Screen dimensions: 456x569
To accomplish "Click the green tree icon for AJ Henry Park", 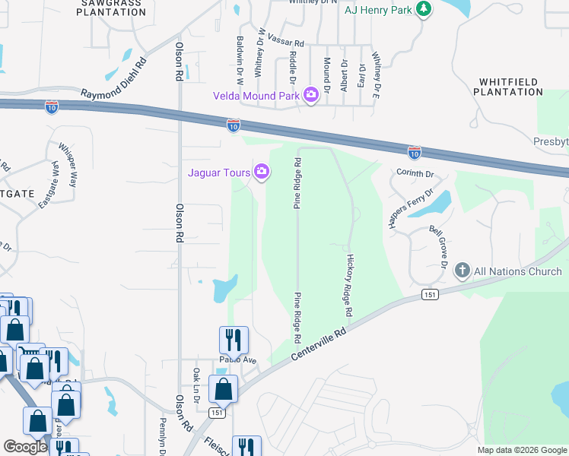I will tap(424, 10).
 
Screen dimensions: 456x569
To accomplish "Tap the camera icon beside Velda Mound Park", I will tap(310, 95).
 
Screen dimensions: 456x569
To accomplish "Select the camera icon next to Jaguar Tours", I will tap(262, 172).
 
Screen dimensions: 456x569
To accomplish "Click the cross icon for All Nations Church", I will tap(462, 271).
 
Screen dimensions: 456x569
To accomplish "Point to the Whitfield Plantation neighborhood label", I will tap(508, 87).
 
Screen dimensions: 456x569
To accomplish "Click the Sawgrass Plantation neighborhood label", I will tap(112, 8).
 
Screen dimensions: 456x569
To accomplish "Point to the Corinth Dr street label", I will tap(415, 173).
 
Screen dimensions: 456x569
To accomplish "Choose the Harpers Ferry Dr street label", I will tap(410, 208).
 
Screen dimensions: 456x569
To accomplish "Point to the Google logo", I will tap(25, 447).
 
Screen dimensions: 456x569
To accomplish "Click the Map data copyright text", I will tap(521, 450).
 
